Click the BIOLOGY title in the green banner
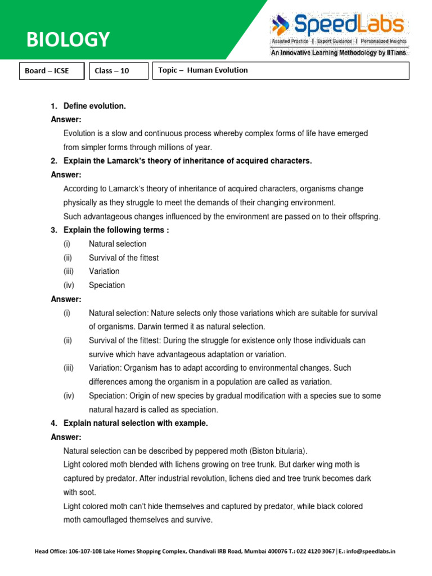point(68,39)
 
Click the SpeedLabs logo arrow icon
point(280,25)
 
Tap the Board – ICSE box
point(47,71)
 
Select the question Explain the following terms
point(116,230)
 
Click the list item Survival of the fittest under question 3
point(124,258)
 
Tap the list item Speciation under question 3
point(107,285)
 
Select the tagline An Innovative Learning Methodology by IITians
point(340,52)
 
